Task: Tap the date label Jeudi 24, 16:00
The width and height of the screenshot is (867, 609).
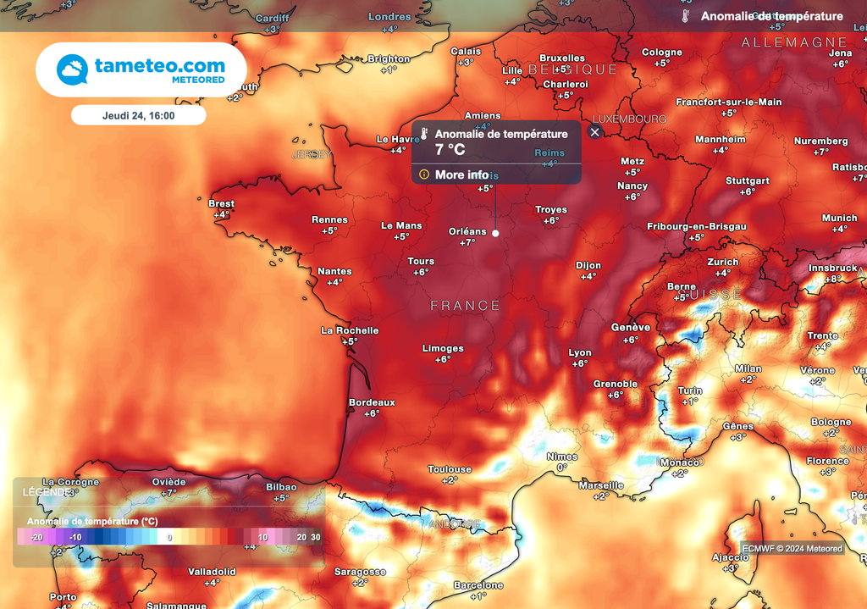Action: (x=138, y=115)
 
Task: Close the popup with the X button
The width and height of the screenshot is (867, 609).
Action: (x=594, y=132)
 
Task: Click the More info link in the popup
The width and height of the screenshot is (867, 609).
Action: (x=461, y=174)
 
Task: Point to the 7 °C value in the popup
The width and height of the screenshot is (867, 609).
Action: (x=450, y=150)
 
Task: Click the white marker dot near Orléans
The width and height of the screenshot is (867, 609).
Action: (x=495, y=233)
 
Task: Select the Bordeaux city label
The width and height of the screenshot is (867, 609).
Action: (x=372, y=402)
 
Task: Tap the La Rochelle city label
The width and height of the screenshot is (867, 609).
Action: (x=350, y=330)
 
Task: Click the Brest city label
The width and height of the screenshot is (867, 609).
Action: (x=221, y=203)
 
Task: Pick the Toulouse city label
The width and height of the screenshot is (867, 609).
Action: (x=450, y=469)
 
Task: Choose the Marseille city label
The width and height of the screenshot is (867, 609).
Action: (x=601, y=485)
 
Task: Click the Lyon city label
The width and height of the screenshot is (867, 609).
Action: (x=580, y=352)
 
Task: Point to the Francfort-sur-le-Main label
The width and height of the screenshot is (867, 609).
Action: (x=728, y=102)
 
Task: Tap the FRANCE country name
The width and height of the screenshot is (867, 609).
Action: (x=465, y=305)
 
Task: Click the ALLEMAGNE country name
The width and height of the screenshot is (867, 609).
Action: (x=793, y=42)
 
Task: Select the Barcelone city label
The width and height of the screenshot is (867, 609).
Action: (x=478, y=585)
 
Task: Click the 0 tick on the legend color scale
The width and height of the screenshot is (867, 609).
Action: (x=169, y=537)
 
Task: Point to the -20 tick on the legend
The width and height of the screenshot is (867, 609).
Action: (x=36, y=537)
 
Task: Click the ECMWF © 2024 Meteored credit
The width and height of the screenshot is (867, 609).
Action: (x=792, y=549)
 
